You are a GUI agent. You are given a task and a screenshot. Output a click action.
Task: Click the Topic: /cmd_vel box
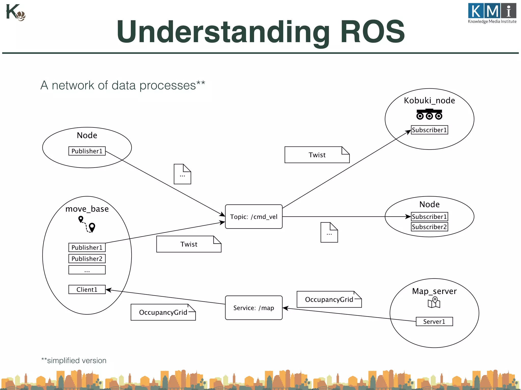pyautogui.click(x=254, y=217)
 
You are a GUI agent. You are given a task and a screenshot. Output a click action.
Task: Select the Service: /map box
pyautogui.click(x=254, y=308)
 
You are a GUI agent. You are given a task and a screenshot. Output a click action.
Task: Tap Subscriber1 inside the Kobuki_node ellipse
pyautogui.click(x=429, y=130)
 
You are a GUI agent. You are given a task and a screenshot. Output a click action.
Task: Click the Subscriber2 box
pyautogui.click(x=429, y=227)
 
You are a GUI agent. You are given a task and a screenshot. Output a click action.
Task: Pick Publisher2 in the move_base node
pyautogui.click(x=87, y=259)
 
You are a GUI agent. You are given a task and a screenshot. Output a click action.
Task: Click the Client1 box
pyautogui.click(x=87, y=289)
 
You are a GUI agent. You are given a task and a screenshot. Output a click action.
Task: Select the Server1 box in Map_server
pyautogui.click(x=434, y=321)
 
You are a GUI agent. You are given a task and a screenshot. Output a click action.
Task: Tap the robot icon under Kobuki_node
pyautogui.click(x=429, y=114)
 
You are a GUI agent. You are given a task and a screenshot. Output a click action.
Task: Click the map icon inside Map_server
pyautogui.click(x=434, y=302)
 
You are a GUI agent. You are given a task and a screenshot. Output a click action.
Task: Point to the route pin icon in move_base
pyautogui.click(x=87, y=224)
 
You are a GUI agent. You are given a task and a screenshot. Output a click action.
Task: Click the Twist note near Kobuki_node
pyautogui.click(x=317, y=155)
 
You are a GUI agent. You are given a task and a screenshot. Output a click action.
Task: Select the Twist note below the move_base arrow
pyautogui.click(x=189, y=244)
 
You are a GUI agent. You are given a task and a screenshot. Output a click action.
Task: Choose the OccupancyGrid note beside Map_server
pyautogui.click(x=329, y=300)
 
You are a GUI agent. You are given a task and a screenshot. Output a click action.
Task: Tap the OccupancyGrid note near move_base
pyautogui.click(x=163, y=312)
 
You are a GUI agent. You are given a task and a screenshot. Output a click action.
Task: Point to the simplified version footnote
pyautogui.click(x=74, y=361)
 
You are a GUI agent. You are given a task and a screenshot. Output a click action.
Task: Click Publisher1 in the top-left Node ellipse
pyautogui.click(x=87, y=151)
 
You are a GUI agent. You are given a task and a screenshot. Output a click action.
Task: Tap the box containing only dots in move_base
pyautogui.click(x=87, y=270)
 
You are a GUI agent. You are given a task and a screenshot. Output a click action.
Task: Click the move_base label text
pyautogui.click(x=87, y=209)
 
